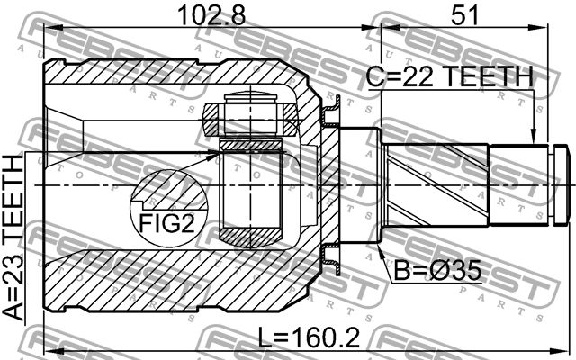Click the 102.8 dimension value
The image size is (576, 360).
(201, 15)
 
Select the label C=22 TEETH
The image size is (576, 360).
(449, 78)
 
